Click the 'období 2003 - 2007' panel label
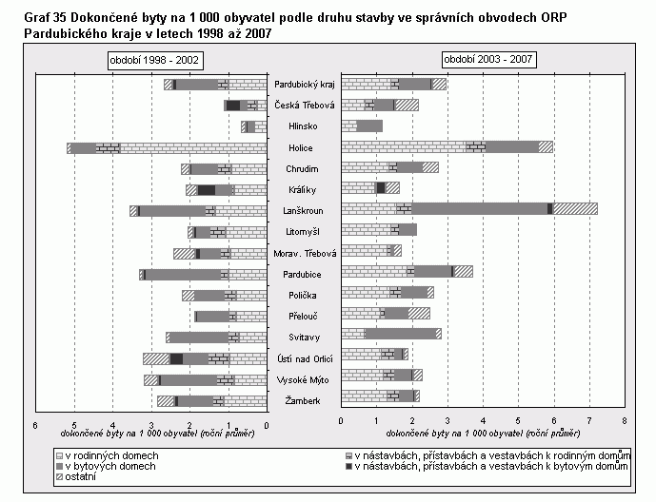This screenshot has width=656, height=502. pos(488,60)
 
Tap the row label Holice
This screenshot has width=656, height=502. pos(302,147)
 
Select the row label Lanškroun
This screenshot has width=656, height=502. pos(302,210)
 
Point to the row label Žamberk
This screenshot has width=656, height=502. pos(302,402)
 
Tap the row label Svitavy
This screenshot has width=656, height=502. pos(302,338)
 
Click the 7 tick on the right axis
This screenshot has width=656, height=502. pos(588,419)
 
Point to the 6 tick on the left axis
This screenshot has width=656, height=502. pos(35,424)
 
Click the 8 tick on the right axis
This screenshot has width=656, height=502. pos(624,419)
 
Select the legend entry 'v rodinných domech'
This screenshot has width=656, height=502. pos(107,456)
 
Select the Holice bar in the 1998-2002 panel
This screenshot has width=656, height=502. pos(167,147)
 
